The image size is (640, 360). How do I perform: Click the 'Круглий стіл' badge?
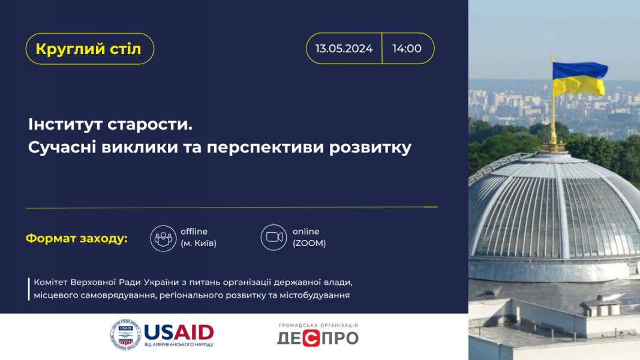coord(90,49)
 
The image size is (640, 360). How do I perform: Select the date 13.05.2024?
coord(344,49)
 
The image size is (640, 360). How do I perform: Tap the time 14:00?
coord(407,49)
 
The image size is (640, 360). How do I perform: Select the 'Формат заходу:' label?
coord(77,238)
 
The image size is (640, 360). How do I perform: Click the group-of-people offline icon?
coord(163,238)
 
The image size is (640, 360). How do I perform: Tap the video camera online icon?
coord(274,237)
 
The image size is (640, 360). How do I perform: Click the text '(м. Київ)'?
coord(199,243)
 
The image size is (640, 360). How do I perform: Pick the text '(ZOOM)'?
coord(309,243)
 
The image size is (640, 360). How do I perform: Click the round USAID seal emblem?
coord(126,335)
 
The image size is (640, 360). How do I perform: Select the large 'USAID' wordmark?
coord(179,332)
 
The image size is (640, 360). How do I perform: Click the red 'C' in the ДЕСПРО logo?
coord(311,338)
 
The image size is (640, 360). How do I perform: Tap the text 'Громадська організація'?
coord(319,325)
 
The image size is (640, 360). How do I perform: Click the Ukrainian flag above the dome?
coord(579,79)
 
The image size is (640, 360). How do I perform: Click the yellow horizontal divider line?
coord(232,208)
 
